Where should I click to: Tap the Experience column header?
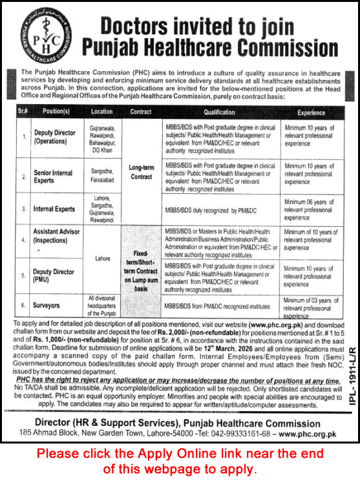pyautogui.click(x=311, y=111)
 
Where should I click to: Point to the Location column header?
pyautogui.click(x=101, y=111)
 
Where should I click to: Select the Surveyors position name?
pyautogui.click(x=48, y=305)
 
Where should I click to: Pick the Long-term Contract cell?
pyautogui.click(x=141, y=172)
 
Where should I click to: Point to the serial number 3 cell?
pyautogui.click(x=24, y=209)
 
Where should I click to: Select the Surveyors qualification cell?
pyautogui.click(x=217, y=305)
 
